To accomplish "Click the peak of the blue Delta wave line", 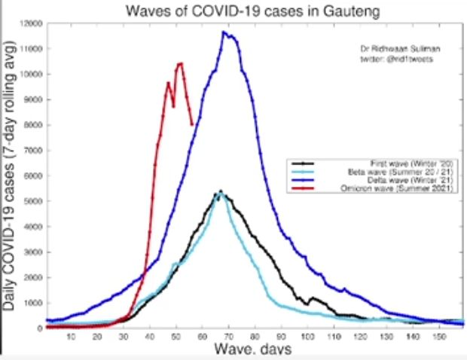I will point(224,32).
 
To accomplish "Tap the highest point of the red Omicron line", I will point(181,63).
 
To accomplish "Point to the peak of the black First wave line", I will point(221,191).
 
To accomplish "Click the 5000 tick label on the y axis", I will point(32,201).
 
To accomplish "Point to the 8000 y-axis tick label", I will point(32,125).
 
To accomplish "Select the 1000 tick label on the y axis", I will point(32,303).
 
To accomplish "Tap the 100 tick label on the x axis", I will point(307,337).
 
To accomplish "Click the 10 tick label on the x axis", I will point(71,337).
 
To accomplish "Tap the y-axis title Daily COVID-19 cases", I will point(13,181).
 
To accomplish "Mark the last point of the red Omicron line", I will point(192,124).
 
